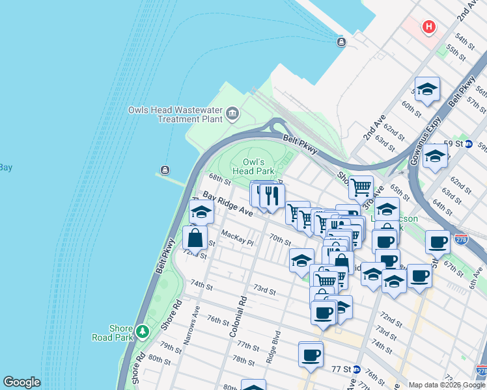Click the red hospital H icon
428,27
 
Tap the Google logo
21,382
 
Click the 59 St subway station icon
468,144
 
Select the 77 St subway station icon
356,369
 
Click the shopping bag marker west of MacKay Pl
195,237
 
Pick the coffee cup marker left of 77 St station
311,354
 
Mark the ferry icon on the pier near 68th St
164,171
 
